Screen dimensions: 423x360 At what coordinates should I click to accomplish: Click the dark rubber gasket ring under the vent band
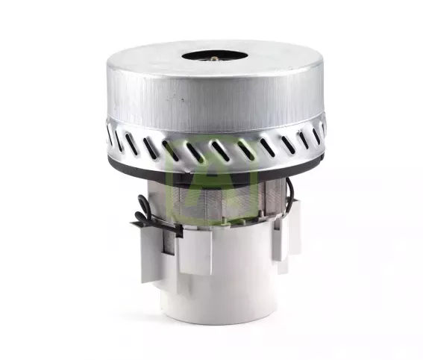(216, 169)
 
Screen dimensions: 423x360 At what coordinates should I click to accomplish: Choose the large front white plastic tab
(195, 249)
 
